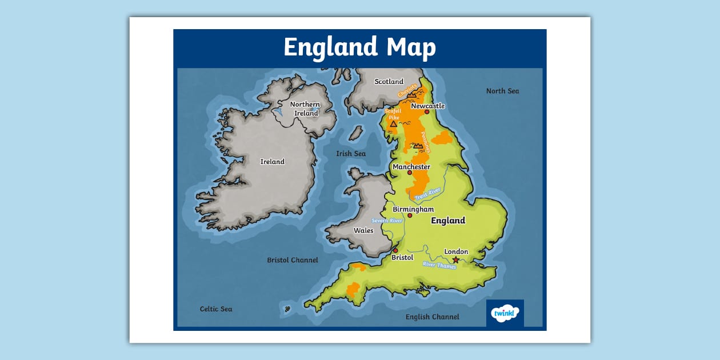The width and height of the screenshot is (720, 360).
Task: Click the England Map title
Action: point(359,47)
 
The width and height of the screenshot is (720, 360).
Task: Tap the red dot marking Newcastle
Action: point(427,112)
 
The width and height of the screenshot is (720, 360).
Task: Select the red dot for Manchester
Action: point(410,173)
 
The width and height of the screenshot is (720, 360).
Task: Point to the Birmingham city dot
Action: point(410,215)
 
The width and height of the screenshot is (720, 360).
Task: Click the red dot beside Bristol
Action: point(395,250)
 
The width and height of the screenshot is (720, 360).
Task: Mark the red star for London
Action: point(455,260)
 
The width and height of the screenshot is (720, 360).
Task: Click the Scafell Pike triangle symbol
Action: point(393,123)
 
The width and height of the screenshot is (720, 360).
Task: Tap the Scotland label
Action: point(389,82)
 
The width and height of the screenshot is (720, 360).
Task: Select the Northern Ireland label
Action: point(306,109)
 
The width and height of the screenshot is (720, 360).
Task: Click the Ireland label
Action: point(273,162)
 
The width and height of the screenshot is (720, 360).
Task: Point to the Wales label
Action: point(363,231)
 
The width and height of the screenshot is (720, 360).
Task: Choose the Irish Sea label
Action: point(351,154)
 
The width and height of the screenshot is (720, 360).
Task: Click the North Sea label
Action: point(502,91)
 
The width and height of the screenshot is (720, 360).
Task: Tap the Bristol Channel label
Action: point(293,260)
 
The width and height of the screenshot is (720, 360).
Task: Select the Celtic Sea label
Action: point(216,309)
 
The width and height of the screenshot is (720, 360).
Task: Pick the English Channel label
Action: point(432,317)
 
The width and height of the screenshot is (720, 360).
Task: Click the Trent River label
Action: point(428,194)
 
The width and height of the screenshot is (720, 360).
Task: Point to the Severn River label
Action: point(387,221)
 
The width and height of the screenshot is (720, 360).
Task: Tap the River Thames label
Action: point(439,265)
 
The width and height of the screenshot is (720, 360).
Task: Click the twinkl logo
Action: point(505,313)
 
